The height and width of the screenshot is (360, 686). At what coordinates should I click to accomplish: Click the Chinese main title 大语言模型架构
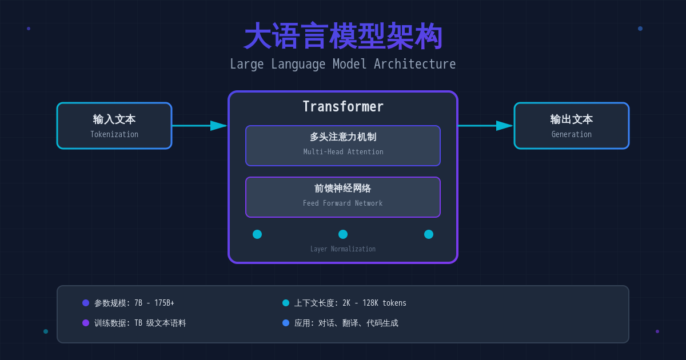point(343,36)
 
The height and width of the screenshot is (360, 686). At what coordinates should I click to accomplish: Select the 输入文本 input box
point(114,126)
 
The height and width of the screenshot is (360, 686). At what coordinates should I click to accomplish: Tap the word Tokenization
point(114,135)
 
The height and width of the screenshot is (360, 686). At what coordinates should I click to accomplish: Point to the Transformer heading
point(343,107)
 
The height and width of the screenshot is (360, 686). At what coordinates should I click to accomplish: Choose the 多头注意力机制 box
point(343,145)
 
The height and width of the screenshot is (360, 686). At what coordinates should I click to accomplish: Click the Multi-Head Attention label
point(343,152)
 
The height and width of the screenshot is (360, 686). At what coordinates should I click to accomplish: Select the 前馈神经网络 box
point(343,197)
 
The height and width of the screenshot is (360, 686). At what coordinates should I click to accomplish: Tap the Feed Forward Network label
point(343,203)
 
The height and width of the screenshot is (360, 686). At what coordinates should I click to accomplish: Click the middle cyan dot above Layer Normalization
point(343,234)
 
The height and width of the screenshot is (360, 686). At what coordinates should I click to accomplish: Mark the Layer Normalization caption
point(343,249)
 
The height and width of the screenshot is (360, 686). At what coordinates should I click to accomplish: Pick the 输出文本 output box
point(572,126)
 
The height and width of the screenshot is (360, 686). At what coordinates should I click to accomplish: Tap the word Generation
point(572,135)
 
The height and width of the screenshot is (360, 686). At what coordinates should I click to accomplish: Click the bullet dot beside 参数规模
point(86,303)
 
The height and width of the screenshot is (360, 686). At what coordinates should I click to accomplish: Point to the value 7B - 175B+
point(154,303)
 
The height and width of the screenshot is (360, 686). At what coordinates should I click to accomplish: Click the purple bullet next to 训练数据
point(86,323)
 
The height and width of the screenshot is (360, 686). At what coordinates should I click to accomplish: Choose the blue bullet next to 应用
point(286,323)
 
